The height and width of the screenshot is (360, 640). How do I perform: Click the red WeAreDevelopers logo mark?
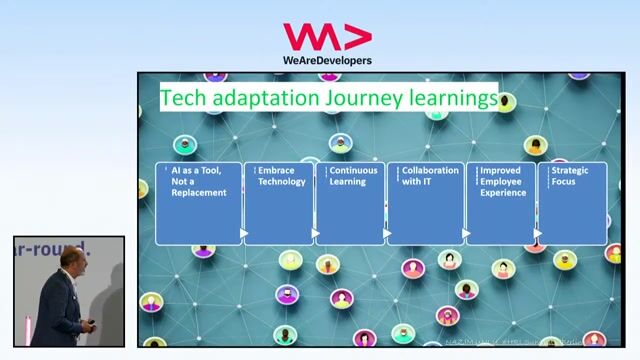[326, 37]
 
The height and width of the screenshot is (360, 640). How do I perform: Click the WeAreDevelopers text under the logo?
[326, 60]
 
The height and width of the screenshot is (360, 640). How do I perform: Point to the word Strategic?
[570, 171]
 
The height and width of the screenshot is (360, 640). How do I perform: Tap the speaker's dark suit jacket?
[62, 310]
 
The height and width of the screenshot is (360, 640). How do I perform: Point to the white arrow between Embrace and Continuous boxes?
[316, 234]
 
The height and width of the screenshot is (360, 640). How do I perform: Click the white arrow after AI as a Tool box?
[244, 234]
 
